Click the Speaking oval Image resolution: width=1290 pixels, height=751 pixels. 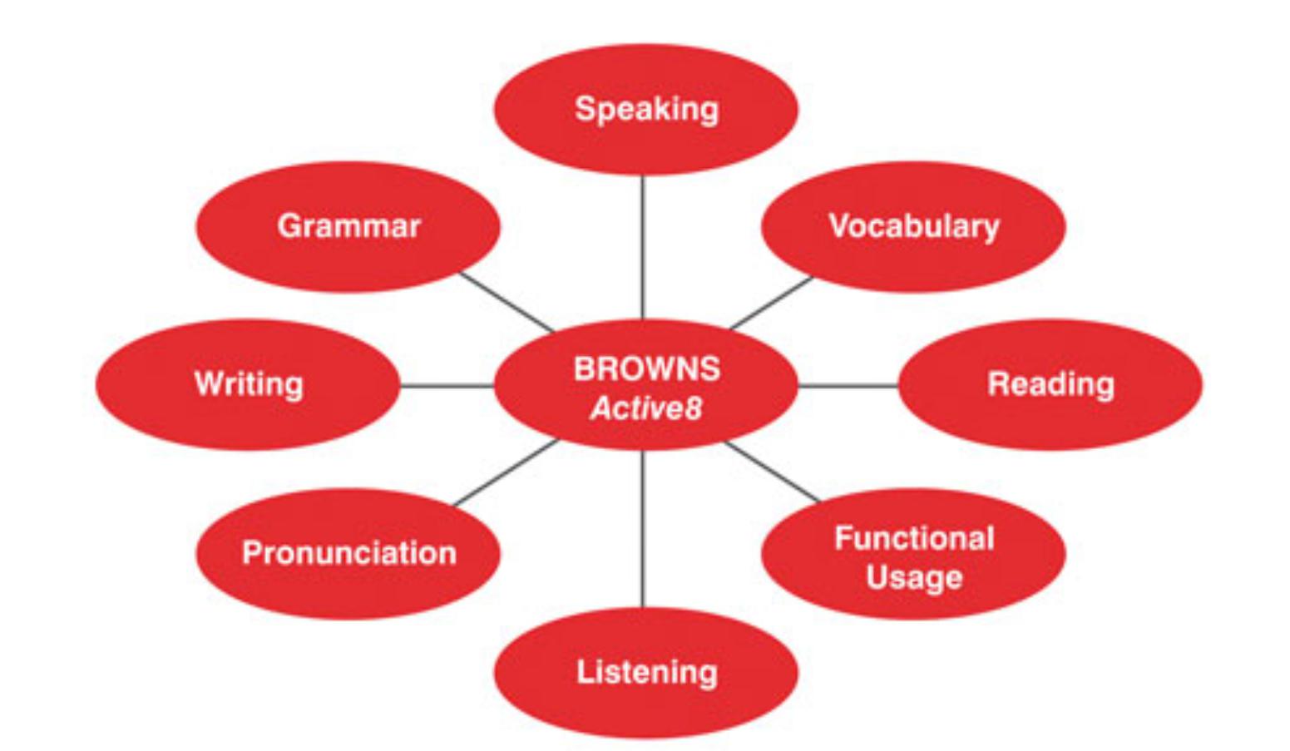coord(646,110)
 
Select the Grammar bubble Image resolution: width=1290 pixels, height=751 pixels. coord(348,226)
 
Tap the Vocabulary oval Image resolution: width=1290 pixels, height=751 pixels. coord(913,226)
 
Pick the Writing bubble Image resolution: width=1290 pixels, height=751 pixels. coord(248,385)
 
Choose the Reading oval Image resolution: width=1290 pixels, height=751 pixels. coord(1050,385)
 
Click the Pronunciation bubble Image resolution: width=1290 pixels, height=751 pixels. coord(348,553)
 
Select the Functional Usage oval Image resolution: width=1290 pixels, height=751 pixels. coord(913,553)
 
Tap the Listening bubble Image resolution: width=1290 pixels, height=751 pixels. coord(646,673)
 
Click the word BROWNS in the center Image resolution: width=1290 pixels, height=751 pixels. coord(647,369)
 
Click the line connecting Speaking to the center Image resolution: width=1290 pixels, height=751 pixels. coord(643,247)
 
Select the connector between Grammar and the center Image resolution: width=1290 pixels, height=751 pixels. coord(507,303)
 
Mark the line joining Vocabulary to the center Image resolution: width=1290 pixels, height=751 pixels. coord(772,303)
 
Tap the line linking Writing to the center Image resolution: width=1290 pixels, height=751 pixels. coord(447,386)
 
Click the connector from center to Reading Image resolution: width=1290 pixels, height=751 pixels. coord(848,386)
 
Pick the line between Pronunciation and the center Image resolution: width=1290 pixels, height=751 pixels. coord(507,472)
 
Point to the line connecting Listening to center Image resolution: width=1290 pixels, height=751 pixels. coord(643,529)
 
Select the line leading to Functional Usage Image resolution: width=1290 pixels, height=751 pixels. coord(773,472)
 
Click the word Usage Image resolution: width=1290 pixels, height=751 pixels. coord(914,577)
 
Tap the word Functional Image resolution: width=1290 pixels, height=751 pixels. coord(915,538)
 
